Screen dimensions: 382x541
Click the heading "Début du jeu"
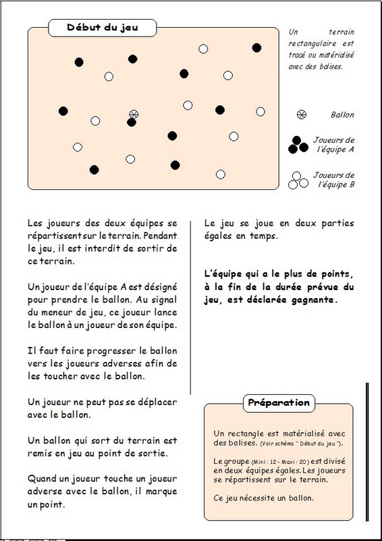tap(103, 28)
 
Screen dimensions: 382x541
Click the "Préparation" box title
tap(279, 402)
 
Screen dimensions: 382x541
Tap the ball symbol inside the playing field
tap(134, 114)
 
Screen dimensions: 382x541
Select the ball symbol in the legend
tap(302, 114)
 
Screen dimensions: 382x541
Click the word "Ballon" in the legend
tap(342, 115)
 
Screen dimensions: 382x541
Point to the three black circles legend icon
tap(298, 145)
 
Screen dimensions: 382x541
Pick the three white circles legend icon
tap(298, 181)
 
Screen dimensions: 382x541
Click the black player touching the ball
tap(131, 122)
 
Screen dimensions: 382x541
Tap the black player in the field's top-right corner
tap(256, 48)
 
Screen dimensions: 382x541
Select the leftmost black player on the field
tap(63, 111)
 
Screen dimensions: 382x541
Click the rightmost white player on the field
tap(261, 112)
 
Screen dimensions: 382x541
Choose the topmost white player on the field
tap(203, 49)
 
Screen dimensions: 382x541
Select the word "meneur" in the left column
tap(61, 312)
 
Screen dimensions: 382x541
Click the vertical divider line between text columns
tap(190, 308)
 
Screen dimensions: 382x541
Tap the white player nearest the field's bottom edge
tap(221, 174)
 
